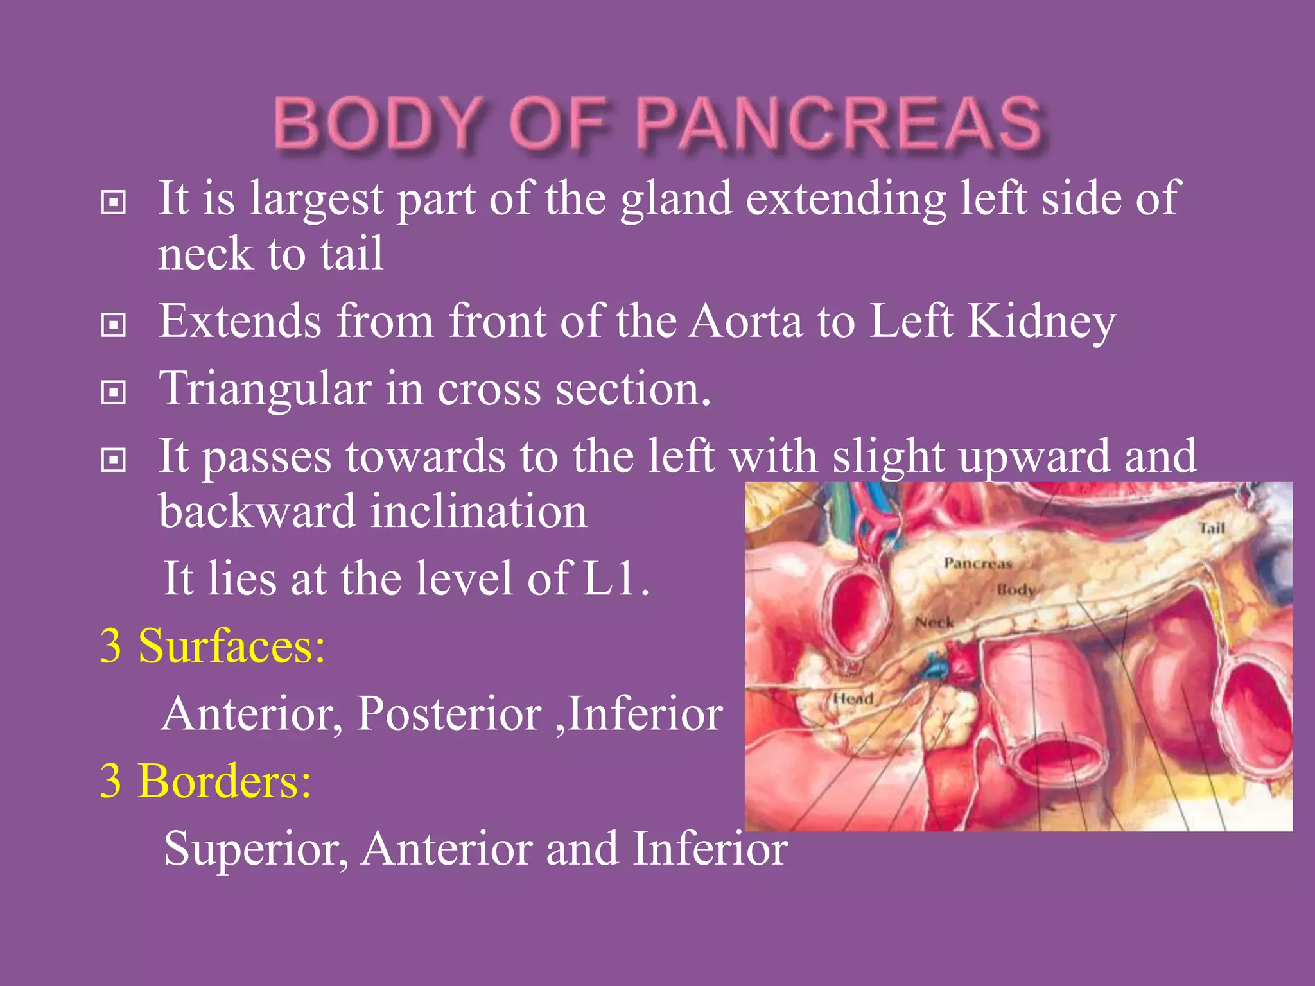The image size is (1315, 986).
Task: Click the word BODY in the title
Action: (379, 123)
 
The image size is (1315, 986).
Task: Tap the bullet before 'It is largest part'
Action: (114, 203)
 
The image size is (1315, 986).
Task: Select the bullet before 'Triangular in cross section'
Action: (114, 392)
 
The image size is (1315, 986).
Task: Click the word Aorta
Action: (745, 320)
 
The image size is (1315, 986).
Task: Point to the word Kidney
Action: (1041, 320)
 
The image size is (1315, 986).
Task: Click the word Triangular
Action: (265, 389)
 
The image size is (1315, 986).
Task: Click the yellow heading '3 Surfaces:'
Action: (213, 646)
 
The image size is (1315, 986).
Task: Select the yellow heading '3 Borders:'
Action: (205, 781)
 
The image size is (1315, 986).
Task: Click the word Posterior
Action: (449, 713)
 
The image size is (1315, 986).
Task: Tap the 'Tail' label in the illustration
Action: (1212, 528)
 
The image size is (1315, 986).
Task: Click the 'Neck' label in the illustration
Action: (934, 622)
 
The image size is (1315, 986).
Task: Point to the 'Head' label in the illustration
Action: (853, 698)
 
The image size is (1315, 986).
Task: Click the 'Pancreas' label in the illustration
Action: (977, 564)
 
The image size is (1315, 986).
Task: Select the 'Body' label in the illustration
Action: (1016, 589)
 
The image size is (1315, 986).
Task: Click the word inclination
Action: (478, 512)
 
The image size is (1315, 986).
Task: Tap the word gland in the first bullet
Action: (675, 199)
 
